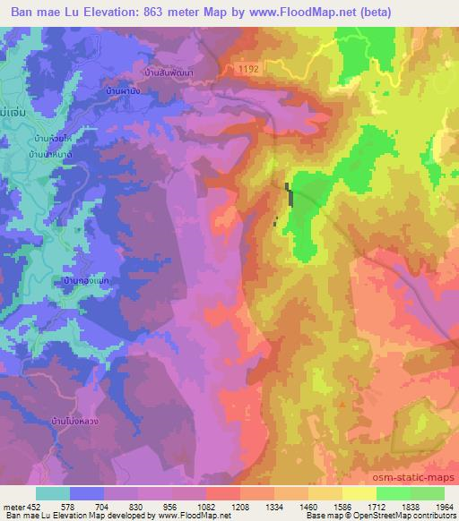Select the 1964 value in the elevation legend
[444, 507]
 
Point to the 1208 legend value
[240, 507]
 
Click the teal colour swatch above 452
[53, 493]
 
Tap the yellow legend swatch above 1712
[359, 493]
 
